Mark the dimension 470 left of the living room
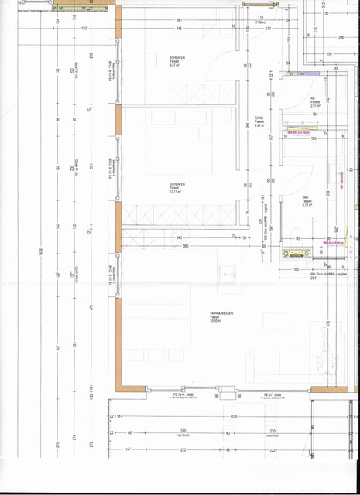point(91,307)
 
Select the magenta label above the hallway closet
point(297,133)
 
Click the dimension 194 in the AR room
point(316,114)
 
